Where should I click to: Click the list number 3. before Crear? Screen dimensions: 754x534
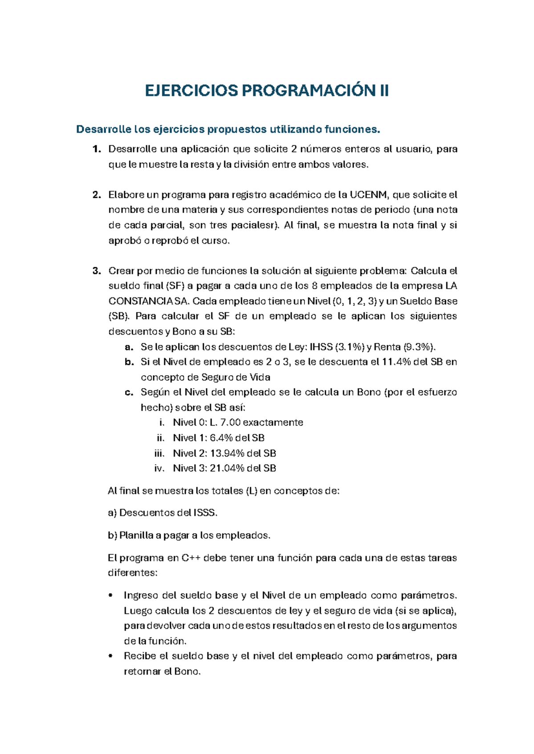97,271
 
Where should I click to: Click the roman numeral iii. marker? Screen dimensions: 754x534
159,453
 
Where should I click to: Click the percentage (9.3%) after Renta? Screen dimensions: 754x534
420,347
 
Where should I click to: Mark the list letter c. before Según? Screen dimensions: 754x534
129,393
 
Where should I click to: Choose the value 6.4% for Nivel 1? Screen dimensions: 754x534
221,438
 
